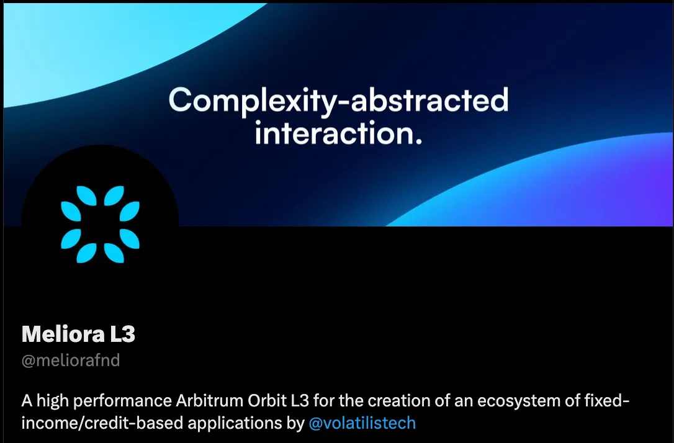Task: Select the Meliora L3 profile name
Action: (x=78, y=334)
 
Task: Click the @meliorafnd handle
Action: (x=71, y=360)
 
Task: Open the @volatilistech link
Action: (x=362, y=423)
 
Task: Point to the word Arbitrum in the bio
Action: (x=209, y=400)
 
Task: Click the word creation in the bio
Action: (x=398, y=400)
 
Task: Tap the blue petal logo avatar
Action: (x=100, y=225)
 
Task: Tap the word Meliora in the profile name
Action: (x=63, y=334)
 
